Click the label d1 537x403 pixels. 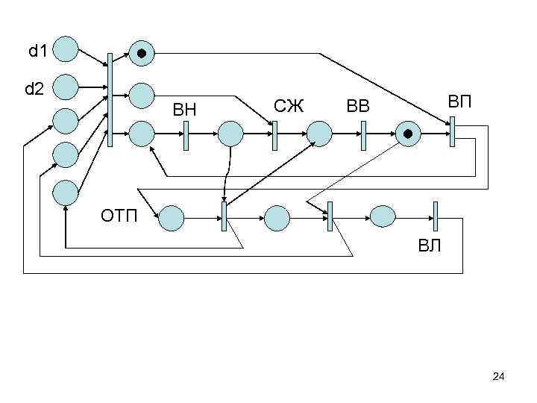[x=37, y=51]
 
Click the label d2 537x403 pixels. [x=34, y=90]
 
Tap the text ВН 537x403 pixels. [x=185, y=110]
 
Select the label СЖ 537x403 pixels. [x=289, y=105]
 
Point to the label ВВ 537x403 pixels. [x=358, y=106]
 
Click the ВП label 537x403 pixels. [x=460, y=101]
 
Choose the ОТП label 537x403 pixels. [x=119, y=217]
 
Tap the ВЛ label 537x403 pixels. [x=429, y=246]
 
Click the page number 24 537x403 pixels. [x=499, y=378]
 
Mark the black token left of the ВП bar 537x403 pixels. [x=408, y=134]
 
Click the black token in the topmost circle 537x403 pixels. [x=142, y=53]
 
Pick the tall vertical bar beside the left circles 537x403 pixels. [x=110, y=99]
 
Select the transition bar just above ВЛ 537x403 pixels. [x=436, y=216]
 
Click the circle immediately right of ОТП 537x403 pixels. [x=172, y=217]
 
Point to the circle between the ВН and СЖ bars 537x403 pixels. [x=230, y=134]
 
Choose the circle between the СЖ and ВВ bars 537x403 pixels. [x=319, y=134]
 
